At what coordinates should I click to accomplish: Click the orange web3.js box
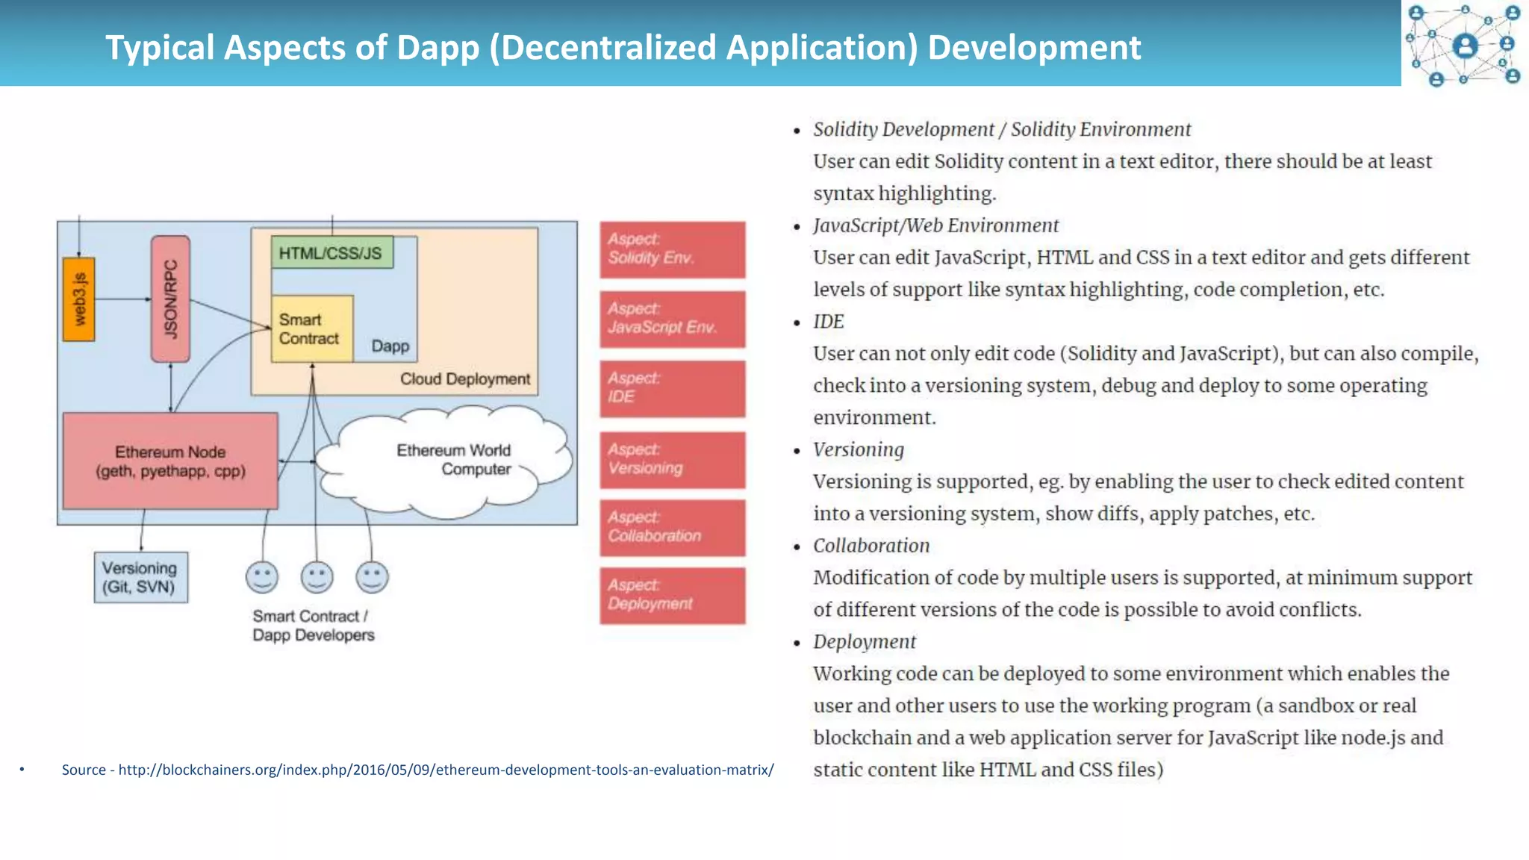coord(78,299)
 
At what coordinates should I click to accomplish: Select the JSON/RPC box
coord(170,299)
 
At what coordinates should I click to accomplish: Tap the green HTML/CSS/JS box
coord(331,253)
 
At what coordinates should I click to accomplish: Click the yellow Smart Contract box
coord(311,329)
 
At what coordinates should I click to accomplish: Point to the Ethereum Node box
coord(170,461)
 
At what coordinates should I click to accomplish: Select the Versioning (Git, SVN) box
coord(140,578)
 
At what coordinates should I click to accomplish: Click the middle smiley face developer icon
coord(317,577)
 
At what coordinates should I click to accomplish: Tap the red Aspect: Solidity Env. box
coord(672,249)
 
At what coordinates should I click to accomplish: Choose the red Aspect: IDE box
coord(672,388)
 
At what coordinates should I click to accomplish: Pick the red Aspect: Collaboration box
coord(672,528)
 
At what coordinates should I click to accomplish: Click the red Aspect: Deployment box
coord(672,595)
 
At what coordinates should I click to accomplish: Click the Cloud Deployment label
coord(465,379)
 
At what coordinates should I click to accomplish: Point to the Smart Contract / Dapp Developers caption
coord(313,626)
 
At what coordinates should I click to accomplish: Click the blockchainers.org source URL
coord(446,770)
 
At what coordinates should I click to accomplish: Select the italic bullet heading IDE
coord(829,322)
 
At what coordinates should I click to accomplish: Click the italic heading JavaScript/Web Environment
coord(935,225)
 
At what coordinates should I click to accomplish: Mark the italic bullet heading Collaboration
coord(871,546)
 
